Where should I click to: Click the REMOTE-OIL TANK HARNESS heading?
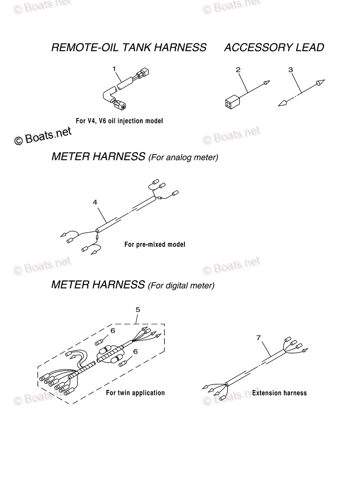128,48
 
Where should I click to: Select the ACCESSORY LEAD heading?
274,48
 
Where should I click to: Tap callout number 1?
114,68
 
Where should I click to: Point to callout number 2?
238,70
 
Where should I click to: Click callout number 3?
290,70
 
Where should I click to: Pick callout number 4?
95,202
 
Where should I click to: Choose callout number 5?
138,309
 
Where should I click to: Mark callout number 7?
259,338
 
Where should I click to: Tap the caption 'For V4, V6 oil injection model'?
119,121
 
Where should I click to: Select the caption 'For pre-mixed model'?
155,244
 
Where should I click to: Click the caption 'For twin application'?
135,393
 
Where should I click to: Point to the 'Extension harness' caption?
279,393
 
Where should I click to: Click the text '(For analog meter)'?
183,158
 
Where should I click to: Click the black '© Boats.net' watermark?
43,135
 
